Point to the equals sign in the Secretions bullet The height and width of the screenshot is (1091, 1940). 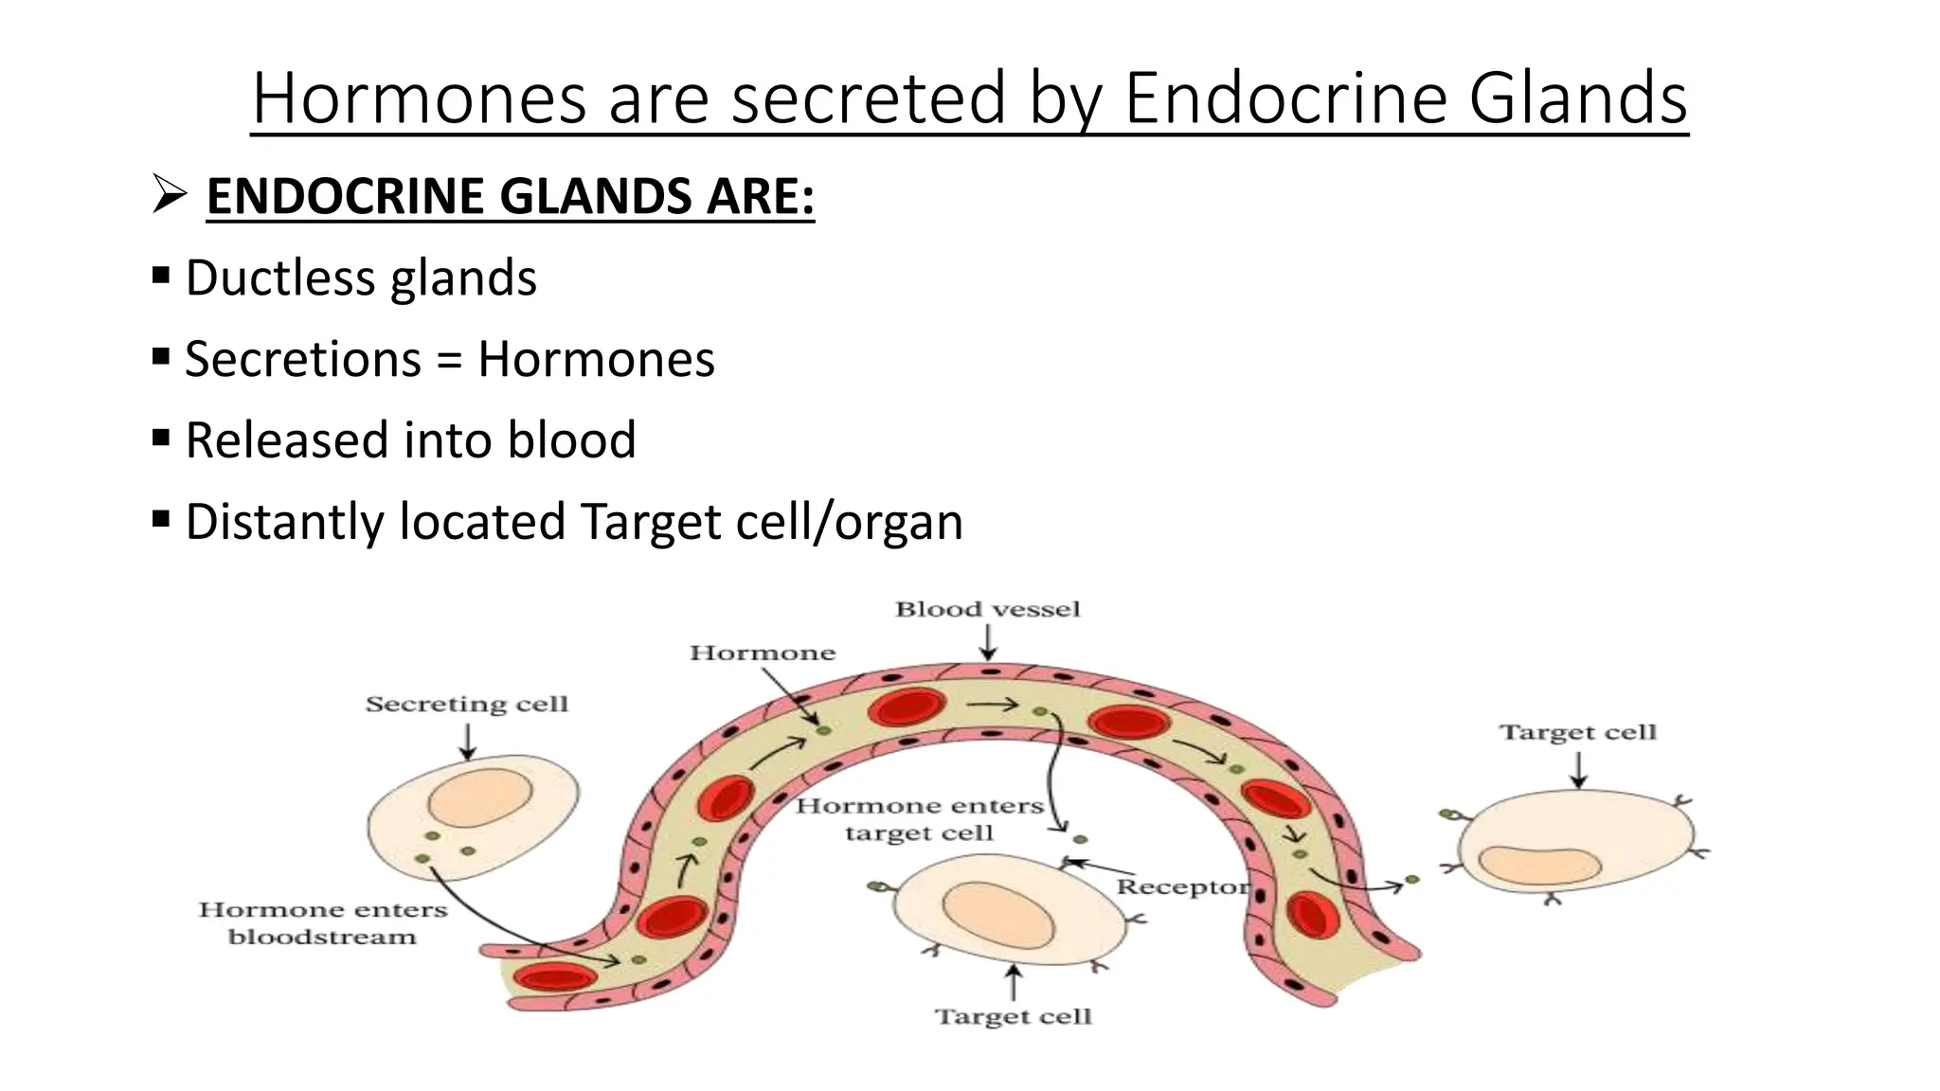pos(449,360)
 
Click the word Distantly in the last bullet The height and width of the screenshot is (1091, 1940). pos(281,522)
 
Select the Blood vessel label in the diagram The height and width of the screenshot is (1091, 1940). pos(987,609)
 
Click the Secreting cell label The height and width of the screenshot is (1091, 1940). pos(467,704)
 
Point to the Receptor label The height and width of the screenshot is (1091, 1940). pos(1182,886)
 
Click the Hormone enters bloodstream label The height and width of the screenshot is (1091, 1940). pos(322,923)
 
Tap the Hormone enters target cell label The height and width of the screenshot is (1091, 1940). pos(919,819)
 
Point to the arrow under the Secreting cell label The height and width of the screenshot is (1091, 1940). pos(467,741)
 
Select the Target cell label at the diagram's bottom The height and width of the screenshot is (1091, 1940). pos(1014,1016)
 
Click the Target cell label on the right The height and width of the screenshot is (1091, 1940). pos(1578,732)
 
